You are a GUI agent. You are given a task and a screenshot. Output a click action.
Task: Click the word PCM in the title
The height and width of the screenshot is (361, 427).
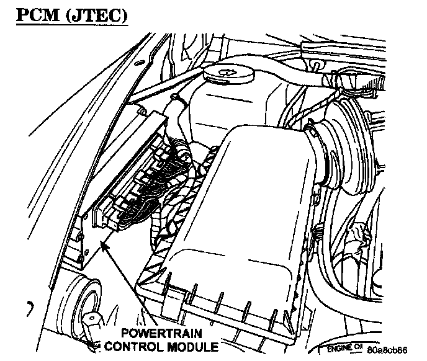[35, 14]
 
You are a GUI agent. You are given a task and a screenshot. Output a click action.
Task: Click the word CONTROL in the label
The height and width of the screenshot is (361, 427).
[135, 346]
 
